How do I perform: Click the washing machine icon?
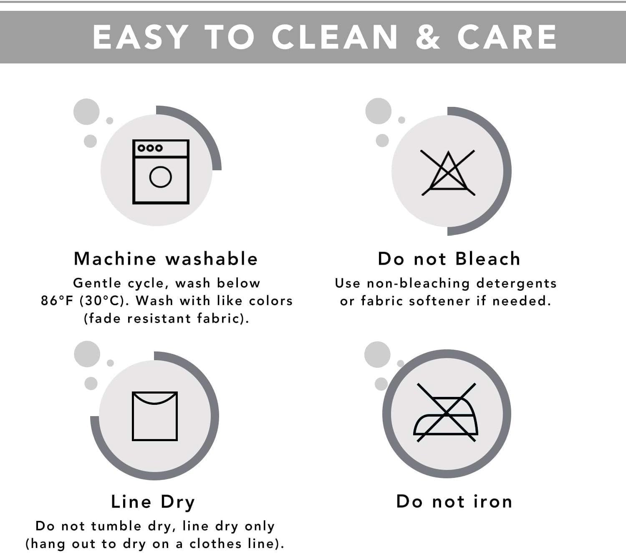(x=161, y=172)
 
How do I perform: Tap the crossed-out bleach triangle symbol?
(x=448, y=172)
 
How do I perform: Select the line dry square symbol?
(x=154, y=416)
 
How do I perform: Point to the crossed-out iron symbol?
(x=446, y=413)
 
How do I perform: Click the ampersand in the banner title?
(x=428, y=37)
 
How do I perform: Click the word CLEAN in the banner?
(x=335, y=37)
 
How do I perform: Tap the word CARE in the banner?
(x=507, y=37)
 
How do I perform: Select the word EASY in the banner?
(x=141, y=37)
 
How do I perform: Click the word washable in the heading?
(x=212, y=259)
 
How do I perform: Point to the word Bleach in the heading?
(x=488, y=259)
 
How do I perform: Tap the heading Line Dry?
(x=153, y=502)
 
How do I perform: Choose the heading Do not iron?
(x=454, y=502)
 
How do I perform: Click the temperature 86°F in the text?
(x=57, y=301)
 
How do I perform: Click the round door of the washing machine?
(x=160, y=177)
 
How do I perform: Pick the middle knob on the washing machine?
(x=150, y=148)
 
